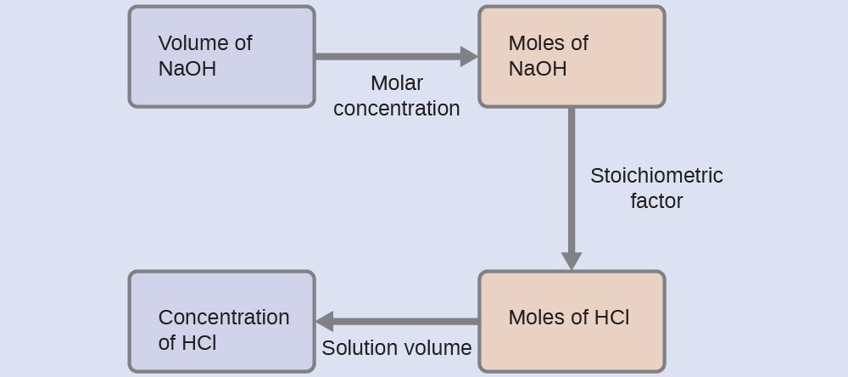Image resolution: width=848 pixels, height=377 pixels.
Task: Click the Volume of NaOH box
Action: click(221, 57)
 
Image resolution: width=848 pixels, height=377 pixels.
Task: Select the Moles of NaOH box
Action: click(572, 57)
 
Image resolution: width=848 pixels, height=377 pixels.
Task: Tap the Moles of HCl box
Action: click(572, 321)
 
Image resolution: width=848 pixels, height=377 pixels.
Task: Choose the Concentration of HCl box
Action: click(221, 321)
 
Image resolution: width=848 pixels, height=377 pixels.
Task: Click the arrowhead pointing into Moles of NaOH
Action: click(469, 57)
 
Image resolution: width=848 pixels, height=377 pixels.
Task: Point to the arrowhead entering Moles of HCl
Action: click(572, 261)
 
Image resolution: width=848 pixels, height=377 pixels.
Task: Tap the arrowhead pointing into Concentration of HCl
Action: click(325, 322)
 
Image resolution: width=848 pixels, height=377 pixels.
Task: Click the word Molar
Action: click(396, 83)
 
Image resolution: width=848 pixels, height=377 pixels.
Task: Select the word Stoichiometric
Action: click(656, 176)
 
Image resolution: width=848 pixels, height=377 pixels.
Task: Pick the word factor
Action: click(656, 201)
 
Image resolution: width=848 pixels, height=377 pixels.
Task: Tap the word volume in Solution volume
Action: click(437, 348)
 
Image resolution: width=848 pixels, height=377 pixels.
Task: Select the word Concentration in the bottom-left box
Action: click(224, 318)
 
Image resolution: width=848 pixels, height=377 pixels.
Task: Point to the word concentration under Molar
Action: click(396, 109)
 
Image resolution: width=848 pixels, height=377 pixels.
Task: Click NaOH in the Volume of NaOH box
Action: click(187, 69)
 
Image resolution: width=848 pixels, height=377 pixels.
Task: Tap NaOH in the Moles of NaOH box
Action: click(538, 69)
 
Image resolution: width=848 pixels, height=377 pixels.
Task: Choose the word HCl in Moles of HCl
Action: click(611, 318)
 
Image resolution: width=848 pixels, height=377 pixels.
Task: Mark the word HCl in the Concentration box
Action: click(199, 343)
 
